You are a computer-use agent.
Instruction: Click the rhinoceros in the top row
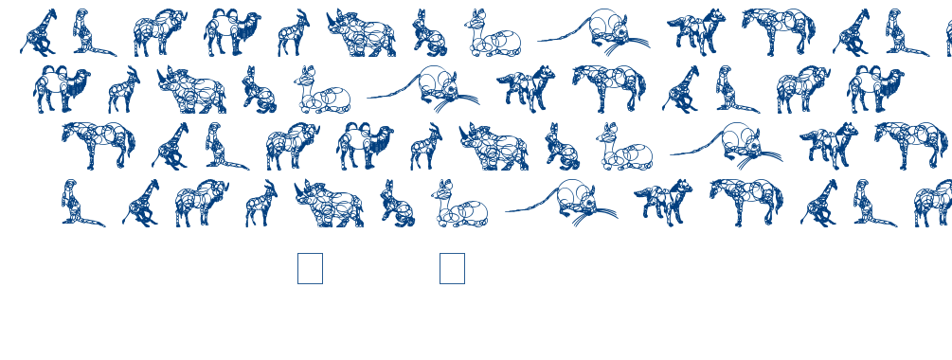click(362, 34)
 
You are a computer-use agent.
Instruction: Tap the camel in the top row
click(231, 32)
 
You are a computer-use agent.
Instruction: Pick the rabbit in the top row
click(429, 34)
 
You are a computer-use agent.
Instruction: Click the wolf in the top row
click(695, 32)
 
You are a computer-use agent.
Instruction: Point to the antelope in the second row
click(123, 89)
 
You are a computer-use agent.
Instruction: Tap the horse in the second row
click(609, 87)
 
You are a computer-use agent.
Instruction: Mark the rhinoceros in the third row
click(494, 147)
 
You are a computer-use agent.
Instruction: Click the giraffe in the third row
click(171, 146)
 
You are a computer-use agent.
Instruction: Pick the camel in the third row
click(364, 146)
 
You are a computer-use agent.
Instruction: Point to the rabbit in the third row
click(562, 147)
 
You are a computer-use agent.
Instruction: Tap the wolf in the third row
click(828, 146)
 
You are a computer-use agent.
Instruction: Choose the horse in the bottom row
click(747, 201)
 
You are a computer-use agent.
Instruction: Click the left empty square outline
click(310, 268)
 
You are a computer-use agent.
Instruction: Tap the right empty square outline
click(452, 268)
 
